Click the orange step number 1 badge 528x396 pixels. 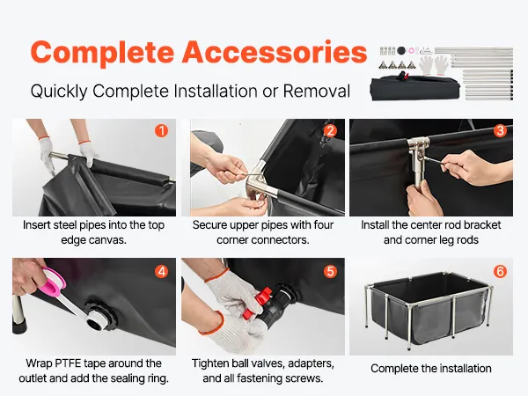[x=162, y=130]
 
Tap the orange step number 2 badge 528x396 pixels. [x=330, y=130]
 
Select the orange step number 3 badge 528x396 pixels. [x=500, y=130]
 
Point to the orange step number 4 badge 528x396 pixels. [x=162, y=271]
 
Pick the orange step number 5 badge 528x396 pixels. [x=330, y=271]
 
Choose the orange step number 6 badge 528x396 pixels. [x=500, y=271]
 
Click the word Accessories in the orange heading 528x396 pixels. [x=275, y=52]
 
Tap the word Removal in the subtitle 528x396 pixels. [x=316, y=91]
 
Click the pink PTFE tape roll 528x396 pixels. [x=54, y=282]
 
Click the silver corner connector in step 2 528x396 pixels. [x=260, y=180]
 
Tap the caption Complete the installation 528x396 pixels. [x=431, y=369]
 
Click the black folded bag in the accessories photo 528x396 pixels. [x=415, y=88]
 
